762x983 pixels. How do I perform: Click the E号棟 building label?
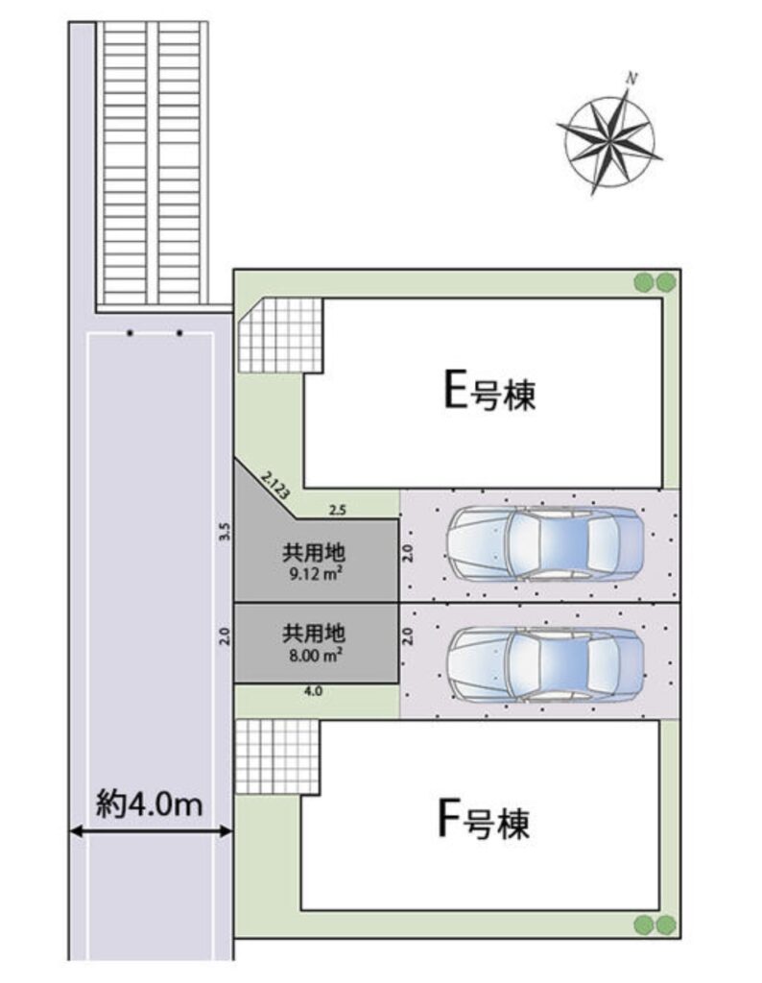[x=489, y=392]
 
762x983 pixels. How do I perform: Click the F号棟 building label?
[x=483, y=822]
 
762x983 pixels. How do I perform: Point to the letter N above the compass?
[x=631, y=79]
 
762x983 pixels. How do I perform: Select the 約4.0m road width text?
[x=150, y=803]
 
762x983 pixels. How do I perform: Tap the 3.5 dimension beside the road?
[x=226, y=532]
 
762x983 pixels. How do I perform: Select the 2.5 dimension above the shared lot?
[x=337, y=511]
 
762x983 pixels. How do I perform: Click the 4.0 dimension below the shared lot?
[x=313, y=691]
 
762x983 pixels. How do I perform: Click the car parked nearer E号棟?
[x=545, y=543]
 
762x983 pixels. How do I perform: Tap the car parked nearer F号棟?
[x=545, y=663]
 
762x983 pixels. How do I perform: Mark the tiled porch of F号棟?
[x=277, y=756]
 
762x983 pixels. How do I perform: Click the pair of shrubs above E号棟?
[x=655, y=283]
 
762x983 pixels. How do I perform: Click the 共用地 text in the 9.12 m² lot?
[x=313, y=553]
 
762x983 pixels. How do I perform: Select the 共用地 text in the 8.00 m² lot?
[x=313, y=634]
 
